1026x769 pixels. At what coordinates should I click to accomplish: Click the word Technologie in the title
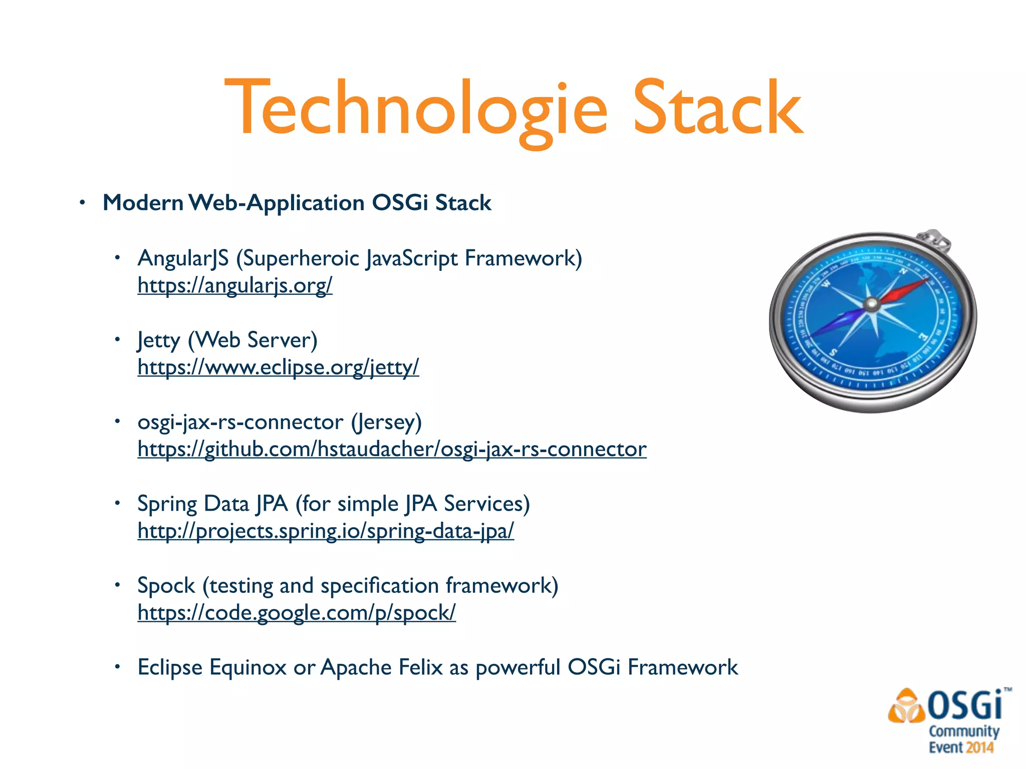click(416, 109)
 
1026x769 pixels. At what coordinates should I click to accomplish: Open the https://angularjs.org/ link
click(234, 285)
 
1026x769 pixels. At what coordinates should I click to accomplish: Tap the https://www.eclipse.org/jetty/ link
click(278, 367)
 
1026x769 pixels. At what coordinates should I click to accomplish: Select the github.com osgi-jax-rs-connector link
click(392, 449)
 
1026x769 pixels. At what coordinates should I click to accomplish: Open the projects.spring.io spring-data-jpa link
click(326, 531)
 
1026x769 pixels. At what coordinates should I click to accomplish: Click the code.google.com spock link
click(297, 612)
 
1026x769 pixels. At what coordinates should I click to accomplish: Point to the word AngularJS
click(183, 258)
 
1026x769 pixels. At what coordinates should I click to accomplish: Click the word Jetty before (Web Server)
click(158, 340)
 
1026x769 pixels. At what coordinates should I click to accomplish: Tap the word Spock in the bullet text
click(166, 586)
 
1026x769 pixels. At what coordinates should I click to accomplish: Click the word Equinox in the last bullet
click(247, 667)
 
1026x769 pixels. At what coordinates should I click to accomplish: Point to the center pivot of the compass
click(872, 303)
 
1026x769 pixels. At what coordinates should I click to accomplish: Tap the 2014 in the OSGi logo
click(980, 747)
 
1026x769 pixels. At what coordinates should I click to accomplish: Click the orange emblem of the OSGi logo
click(906, 707)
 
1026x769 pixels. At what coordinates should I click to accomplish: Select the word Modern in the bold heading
click(143, 203)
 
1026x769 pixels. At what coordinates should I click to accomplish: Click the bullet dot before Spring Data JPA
click(117, 503)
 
